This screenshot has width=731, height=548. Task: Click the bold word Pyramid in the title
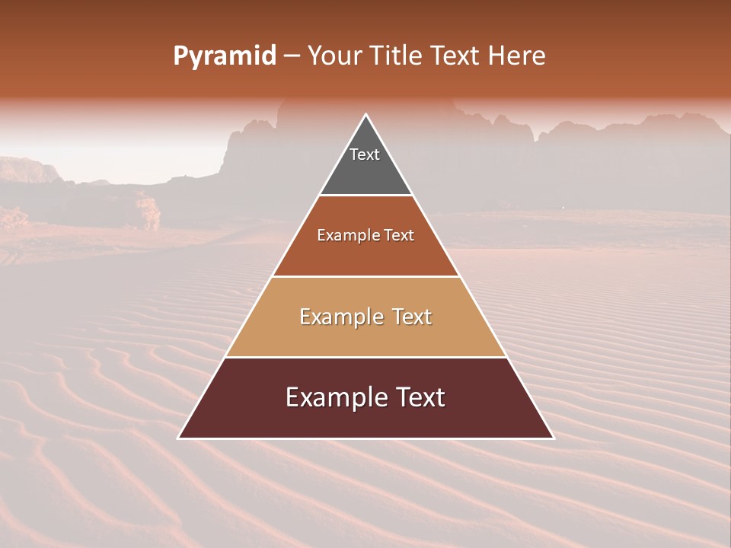(x=224, y=56)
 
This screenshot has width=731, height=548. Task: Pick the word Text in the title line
(x=458, y=56)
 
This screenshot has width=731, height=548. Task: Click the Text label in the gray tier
(x=365, y=155)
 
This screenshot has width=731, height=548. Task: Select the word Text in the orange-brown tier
(x=399, y=236)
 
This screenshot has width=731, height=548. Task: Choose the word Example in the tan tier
(x=339, y=317)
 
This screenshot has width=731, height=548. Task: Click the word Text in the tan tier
(x=412, y=317)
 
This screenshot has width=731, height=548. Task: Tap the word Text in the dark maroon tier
(x=420, y=397)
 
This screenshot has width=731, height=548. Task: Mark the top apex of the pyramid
(x=366, y=115)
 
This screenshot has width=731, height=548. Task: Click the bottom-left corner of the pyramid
(x=179, y=438)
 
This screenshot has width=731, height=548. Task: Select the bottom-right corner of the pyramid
(x=554, y=438)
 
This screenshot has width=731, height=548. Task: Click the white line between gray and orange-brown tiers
(x=366, y=196)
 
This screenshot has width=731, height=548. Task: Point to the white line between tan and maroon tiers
(x=366, y=357)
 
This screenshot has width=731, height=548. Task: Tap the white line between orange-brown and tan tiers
(x=366, y=276)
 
